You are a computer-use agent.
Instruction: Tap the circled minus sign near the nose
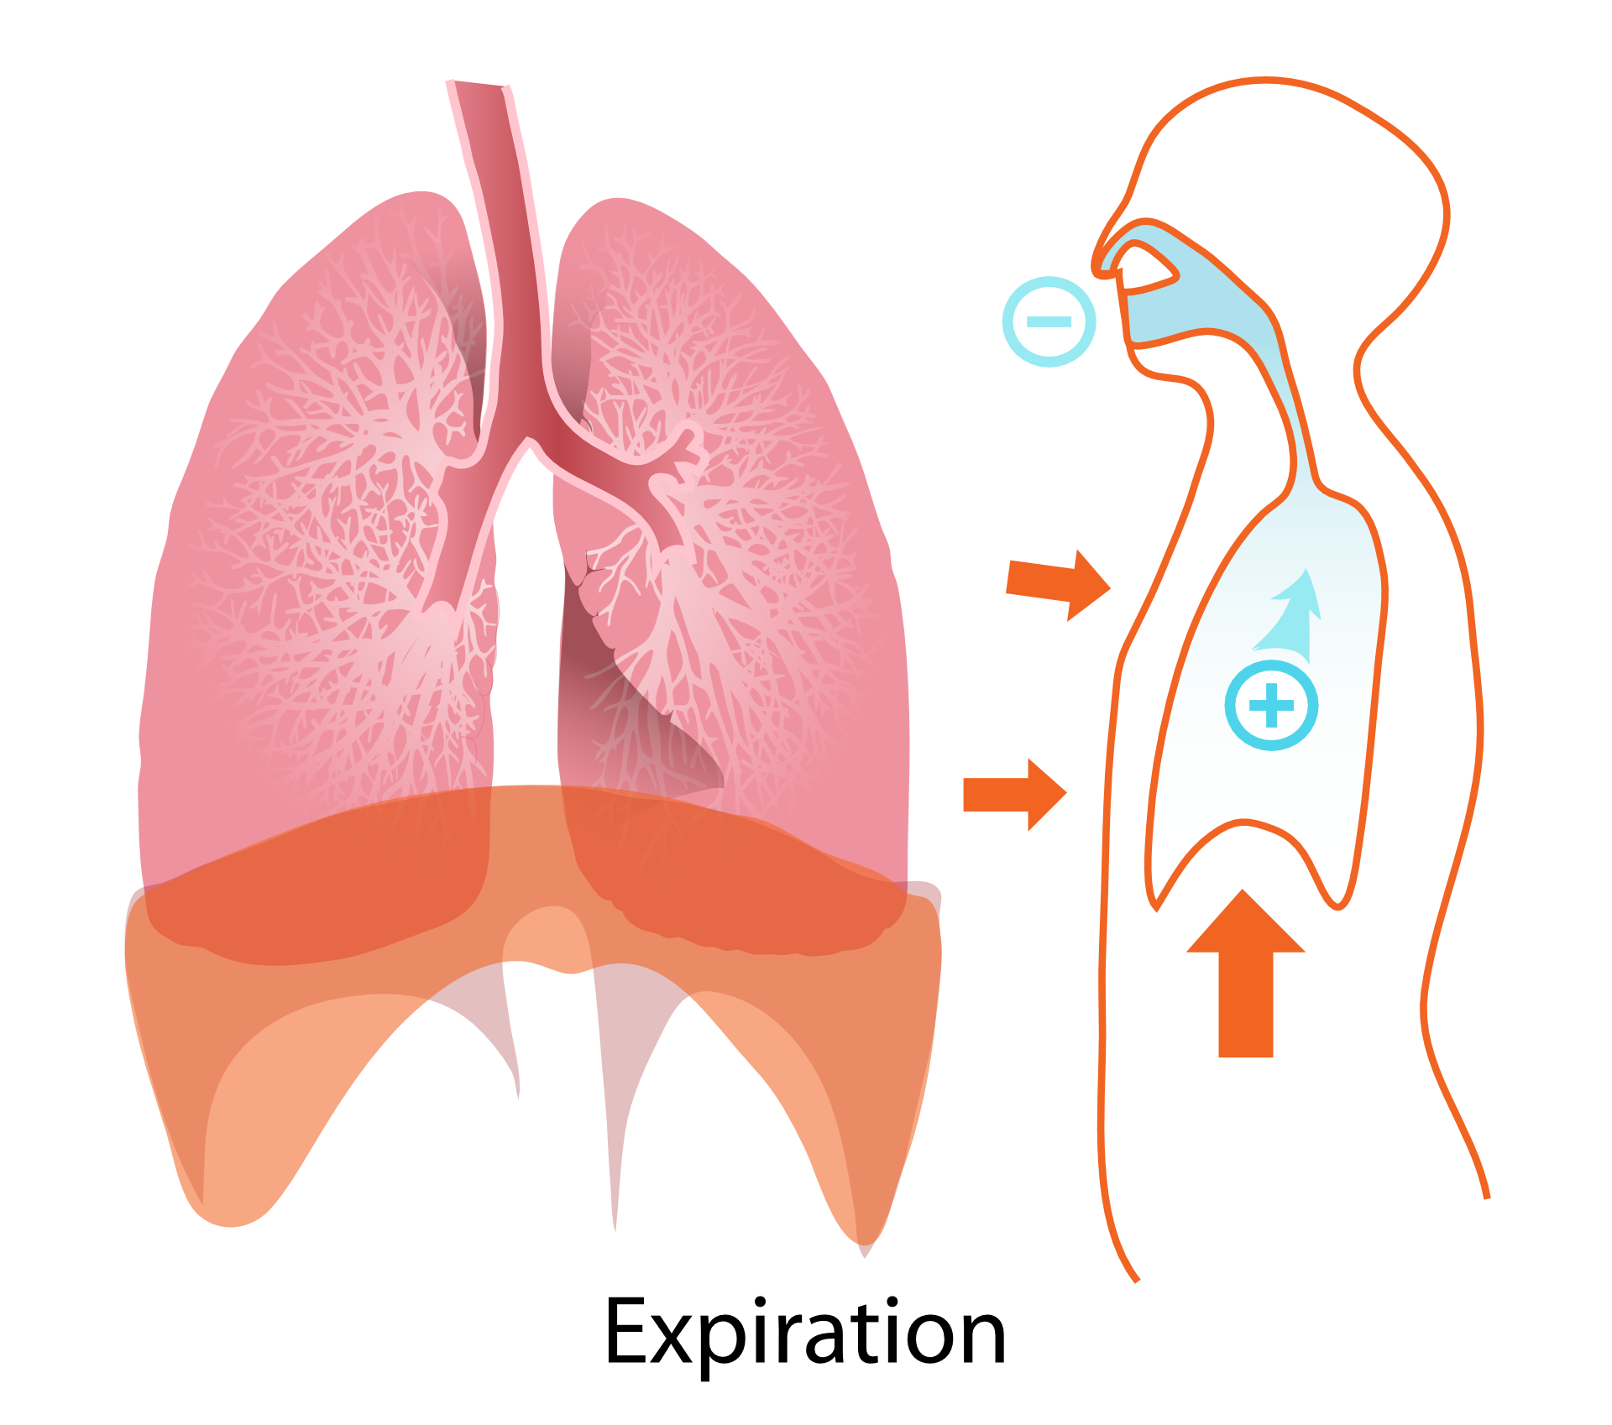[x=1049, y=321]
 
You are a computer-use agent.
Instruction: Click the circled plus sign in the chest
[x=1271, y=705]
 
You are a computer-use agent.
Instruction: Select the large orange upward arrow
[x=1245, y=973]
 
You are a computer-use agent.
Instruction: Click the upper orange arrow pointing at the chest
[x=1058, y=585]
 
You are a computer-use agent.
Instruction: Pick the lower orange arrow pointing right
[x=1014, y=794]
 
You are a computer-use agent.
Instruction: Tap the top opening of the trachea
[x=478, y=84]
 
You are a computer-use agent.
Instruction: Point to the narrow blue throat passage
[x=1293, y=420]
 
